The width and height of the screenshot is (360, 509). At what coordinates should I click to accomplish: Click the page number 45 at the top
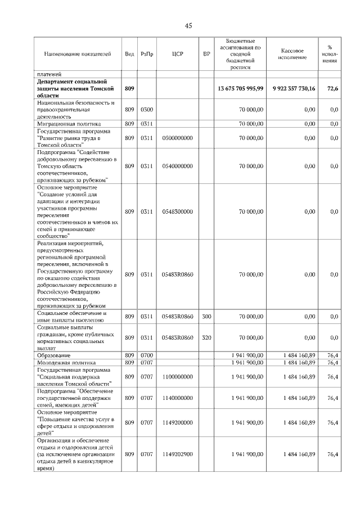[x=188, y=25]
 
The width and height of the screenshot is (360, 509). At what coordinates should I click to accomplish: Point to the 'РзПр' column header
[x=146, y=54]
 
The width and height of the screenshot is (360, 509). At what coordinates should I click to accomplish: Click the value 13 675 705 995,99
[x=240, y=88]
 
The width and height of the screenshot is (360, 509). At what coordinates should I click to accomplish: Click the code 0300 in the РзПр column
[x=146, y=110]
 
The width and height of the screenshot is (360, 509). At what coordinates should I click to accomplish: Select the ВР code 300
[x=206, y=317]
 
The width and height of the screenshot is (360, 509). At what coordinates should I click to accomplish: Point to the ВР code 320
[x=206, y=337]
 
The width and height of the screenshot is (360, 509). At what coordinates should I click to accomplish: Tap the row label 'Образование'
[x=54, y=356]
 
